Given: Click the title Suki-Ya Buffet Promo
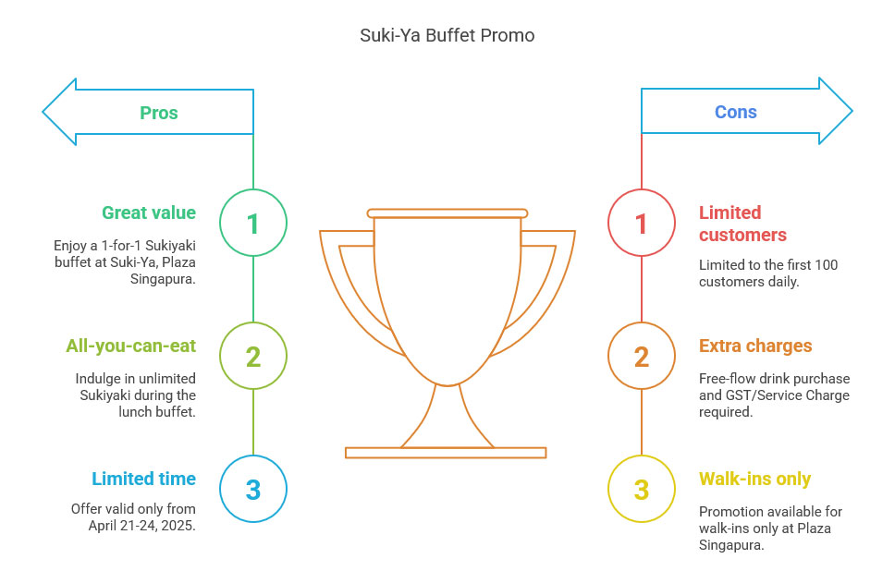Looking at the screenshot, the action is pyautogui.click(x=447, y=35).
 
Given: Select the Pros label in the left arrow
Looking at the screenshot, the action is pyautogui.click(x=159, y=113).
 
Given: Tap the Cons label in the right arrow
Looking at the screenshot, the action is pyautogui.click(x=736, y=112).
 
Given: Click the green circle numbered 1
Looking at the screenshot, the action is pyautogui.click(x=253, y=223).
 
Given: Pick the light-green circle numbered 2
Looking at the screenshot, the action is pyautogui.click(x=253, y=356).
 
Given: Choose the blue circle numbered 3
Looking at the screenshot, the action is pyautogui.click(x=253, y=489).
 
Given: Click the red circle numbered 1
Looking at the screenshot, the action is pyautogui.click(x=642, y=223).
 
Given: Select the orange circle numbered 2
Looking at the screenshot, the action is pyautogui.click(x=642, y=356).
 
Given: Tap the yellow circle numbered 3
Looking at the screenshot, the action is pyautogui.click(x=642, y=489).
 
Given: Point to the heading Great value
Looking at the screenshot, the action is pyautogui.click(x=149, y=213).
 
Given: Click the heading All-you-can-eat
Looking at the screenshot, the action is pyautogui.click(x=130, y=346).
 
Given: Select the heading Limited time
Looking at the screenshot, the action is pyautogui.click(x=144, y=479).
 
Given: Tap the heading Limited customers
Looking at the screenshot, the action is pyautogui.click(x=742, y=224).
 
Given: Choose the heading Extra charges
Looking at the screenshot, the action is pyautogui.click(x=755, y=346).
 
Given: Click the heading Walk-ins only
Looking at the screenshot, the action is pyautogui.click(x=754, y=480).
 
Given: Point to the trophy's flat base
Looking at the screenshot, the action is pyautogui.click(x=446, y=453).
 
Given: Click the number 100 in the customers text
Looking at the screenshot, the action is pyautogui.click(x=826, y=265).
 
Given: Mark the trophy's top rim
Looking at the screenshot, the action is pyautogui.click(x=447, y=213).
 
